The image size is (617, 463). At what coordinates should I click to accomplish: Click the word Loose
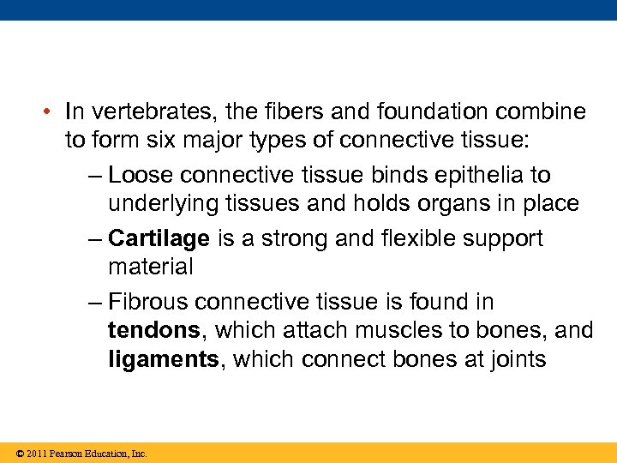143,175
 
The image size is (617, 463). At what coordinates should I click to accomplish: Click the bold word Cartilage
159,238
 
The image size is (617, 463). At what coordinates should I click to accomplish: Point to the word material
151,267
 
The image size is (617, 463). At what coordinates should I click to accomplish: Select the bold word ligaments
164,359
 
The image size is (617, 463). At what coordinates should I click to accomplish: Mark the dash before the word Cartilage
94,238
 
